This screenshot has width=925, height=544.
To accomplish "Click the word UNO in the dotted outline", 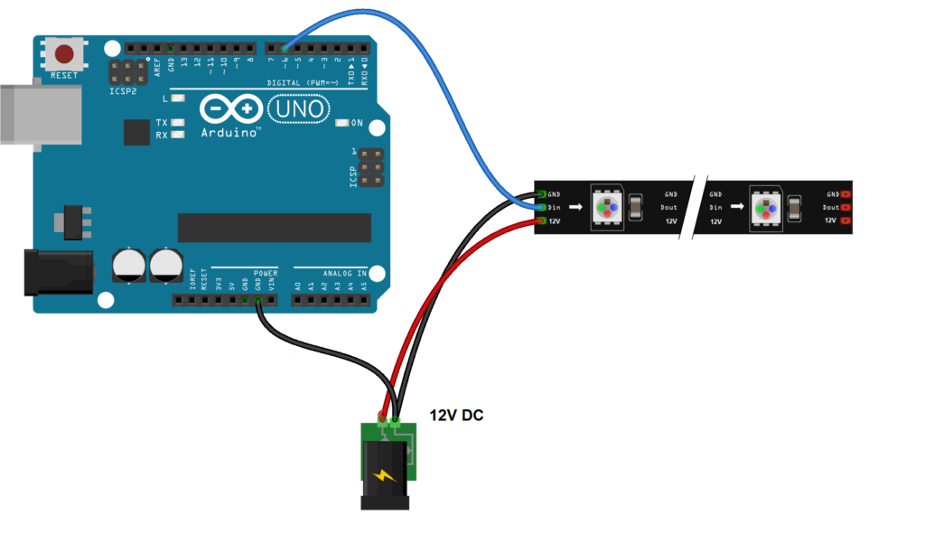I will click(297, 109).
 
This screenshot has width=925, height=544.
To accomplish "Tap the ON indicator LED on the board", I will click(341, 123).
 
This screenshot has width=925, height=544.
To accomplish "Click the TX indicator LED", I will click(178, 122).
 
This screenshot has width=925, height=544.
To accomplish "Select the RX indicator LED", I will click(178, 135).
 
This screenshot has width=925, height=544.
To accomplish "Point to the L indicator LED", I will click(178, 98).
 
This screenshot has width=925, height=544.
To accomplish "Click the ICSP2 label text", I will click(126, 91).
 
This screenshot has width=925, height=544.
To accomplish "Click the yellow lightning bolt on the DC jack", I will click(385, 474).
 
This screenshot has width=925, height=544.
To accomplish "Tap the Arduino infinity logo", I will click(230, 109).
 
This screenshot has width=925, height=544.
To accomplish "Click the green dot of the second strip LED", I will click(760, 206).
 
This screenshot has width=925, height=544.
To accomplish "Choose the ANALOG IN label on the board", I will click(343, 272).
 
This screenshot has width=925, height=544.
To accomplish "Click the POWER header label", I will click(266, 272).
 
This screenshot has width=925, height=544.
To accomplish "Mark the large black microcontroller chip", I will click(275, 228).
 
